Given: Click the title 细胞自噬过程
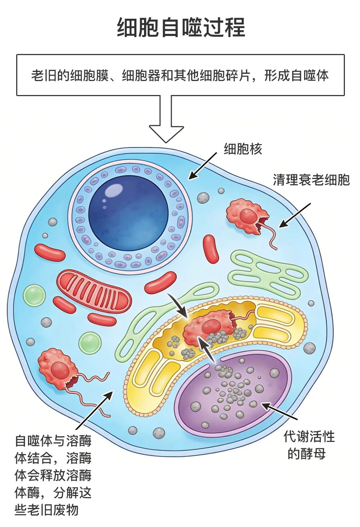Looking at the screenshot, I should [x=181, y=27].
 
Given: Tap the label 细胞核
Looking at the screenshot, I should [x=243, y=149].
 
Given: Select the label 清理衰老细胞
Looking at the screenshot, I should [x=311, y=180].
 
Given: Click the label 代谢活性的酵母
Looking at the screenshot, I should [x=309, y=445].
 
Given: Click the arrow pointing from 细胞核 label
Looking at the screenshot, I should [x=202, y=166].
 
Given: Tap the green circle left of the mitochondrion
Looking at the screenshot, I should [x=34, y=296].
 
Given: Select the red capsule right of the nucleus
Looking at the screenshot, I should [x=211, y=249].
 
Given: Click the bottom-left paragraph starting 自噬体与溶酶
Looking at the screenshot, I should [x=53, y=475].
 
